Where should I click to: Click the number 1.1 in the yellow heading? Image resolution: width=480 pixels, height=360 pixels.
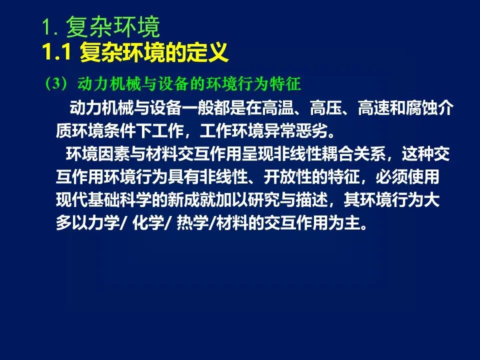coord(57,52)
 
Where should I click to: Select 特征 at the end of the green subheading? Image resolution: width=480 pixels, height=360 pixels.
coord(285,83)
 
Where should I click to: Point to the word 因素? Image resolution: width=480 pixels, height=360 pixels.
coord(114,153)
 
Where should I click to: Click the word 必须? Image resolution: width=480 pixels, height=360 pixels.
coord(391,176)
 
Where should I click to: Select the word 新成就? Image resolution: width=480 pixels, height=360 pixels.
coord(191,199)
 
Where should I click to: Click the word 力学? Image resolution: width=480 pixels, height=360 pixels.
coord(104,222)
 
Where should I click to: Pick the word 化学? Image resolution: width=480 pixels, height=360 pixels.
coord(148,222)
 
